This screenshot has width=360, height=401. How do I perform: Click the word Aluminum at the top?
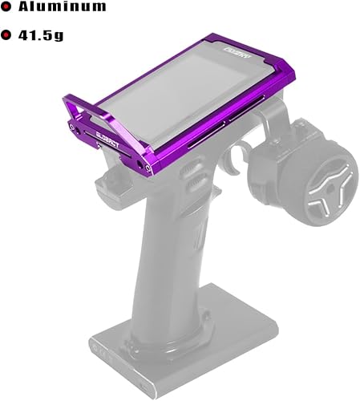click(63, 8)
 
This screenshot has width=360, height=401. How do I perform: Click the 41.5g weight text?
click(50, 35)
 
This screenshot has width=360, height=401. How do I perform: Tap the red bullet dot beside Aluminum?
click(7, 8)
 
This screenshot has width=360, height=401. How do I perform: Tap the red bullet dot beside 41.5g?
click(7, 35)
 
